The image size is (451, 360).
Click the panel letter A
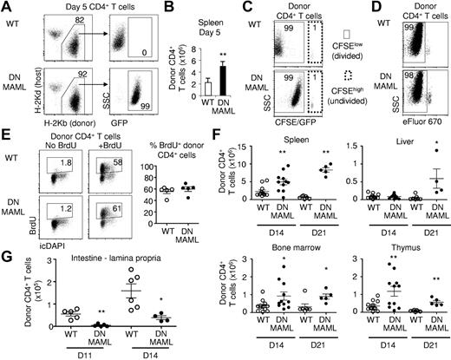[x=6, y=7]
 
